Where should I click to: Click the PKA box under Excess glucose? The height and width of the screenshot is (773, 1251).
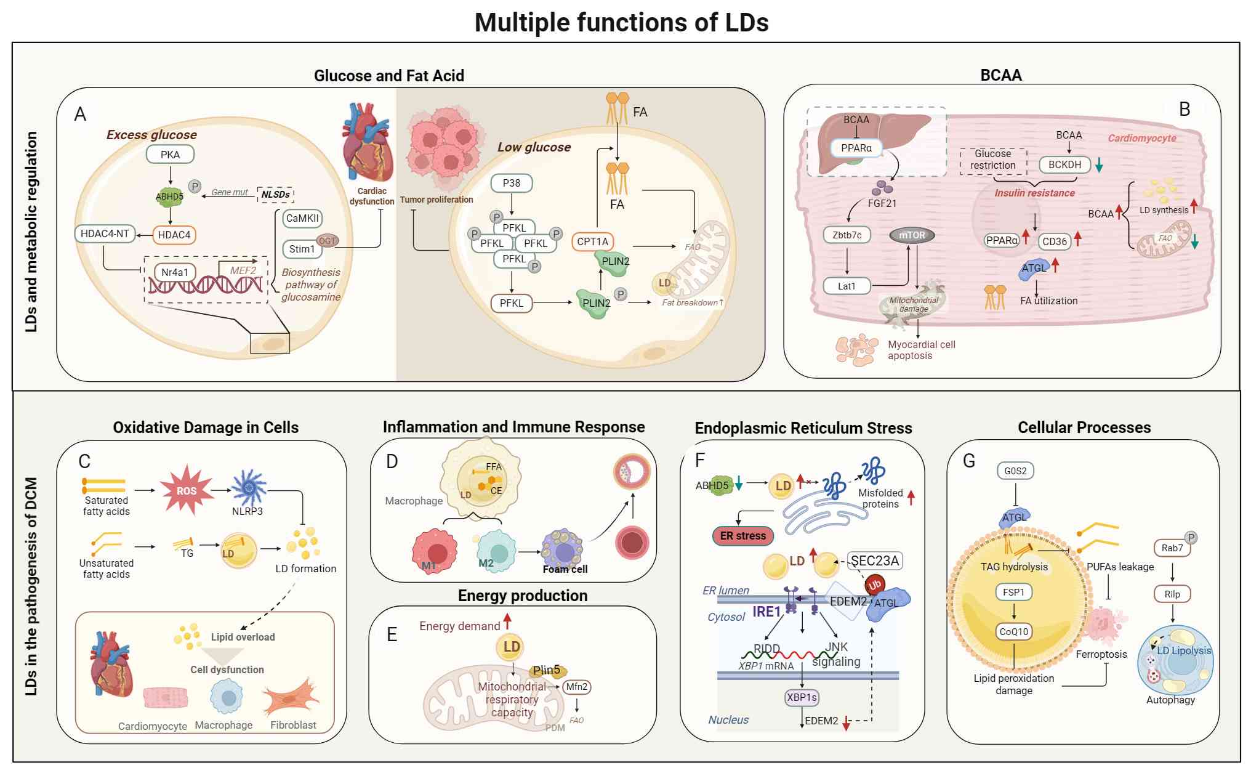tap(170, 155)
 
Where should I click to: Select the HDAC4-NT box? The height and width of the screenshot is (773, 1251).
tap(105, 234)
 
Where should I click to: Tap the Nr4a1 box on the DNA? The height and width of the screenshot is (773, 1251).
tap(175, 272)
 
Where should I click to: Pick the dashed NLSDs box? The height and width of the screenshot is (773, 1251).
tap(275, 195)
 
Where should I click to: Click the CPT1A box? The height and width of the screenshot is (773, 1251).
tap(593, 241)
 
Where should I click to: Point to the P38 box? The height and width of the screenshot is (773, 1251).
tap(511, 183)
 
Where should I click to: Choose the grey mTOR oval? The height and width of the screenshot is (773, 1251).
tap(912, 235)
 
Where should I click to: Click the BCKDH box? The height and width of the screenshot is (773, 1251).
tap(1064, 164)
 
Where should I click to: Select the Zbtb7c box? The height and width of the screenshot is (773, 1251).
tap(847, 235)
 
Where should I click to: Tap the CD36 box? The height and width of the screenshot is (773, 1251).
tap(1054, 241)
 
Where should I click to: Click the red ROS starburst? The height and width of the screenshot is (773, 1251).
tap(186, 491)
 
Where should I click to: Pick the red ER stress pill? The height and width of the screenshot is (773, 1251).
tap(742, 536)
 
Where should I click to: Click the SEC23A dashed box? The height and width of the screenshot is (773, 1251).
tap(875, 561)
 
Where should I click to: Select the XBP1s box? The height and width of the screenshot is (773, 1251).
tap(802, 697)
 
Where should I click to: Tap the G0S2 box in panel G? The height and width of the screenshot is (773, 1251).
tap(1015, 471)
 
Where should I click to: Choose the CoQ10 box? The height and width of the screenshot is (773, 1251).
tap(1013, 631)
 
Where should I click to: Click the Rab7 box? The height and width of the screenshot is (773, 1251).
tap(1172, 548)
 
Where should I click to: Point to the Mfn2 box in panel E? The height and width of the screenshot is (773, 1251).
tap(577, 686)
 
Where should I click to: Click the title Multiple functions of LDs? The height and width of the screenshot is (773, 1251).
tap(621, 23)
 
